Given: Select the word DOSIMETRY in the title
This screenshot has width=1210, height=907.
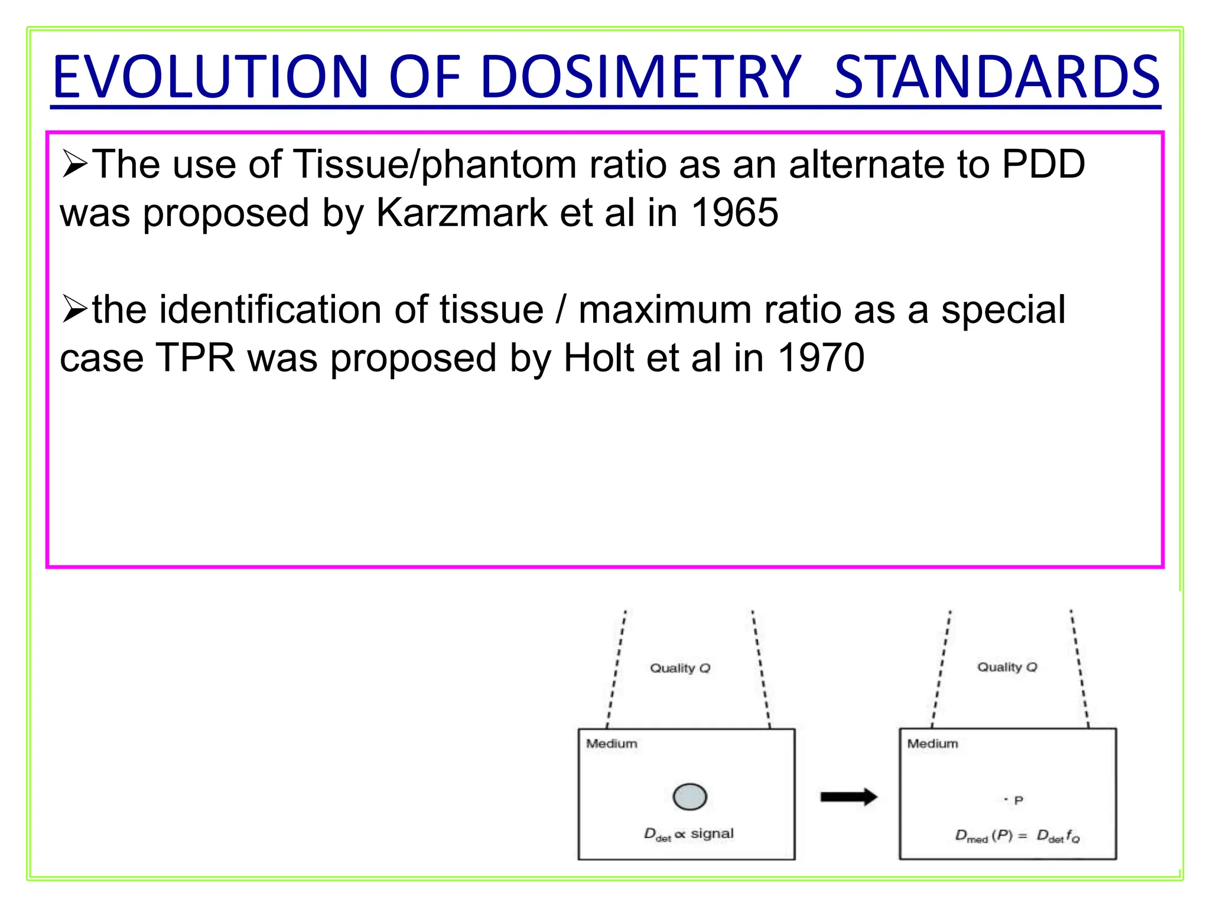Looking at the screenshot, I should tap(641, 77).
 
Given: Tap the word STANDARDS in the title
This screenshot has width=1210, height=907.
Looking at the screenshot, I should tap(997, 77).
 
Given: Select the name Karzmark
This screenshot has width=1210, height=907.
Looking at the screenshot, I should tap(461, 213).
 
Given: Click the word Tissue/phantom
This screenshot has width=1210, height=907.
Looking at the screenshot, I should tap(434, 165).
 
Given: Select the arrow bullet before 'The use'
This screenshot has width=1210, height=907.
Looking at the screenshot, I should tap(74, 165).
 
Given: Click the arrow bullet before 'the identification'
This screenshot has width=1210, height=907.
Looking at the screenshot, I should tap(74, 310).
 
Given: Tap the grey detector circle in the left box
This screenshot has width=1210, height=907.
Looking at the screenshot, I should tap(689, 797).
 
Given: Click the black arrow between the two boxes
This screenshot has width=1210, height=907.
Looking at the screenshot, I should tap(848, 797).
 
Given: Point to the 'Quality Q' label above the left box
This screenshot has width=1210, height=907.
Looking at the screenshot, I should tap(680, 668).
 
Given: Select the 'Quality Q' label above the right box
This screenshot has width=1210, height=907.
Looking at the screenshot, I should tap(1007, 667).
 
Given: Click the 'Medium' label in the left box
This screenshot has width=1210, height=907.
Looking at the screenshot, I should tap(611, 743).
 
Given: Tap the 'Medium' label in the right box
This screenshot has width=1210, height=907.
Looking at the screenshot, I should tap(932, 743).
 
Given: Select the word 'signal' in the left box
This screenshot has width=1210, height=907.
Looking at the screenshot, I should tap(712, 833).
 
